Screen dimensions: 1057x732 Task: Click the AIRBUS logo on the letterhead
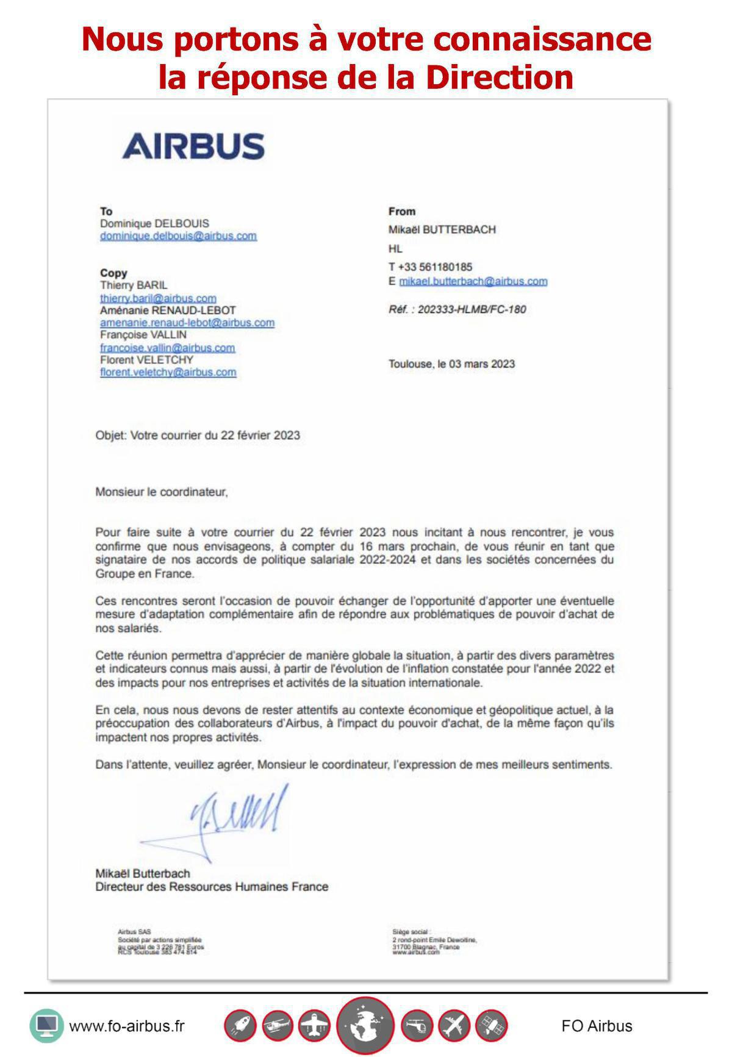pyautogui.click(x=193, y=146)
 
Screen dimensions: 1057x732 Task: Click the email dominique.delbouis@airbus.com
pyautogui.click(x=178, y=236)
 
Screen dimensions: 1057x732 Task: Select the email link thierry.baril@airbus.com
pyautogui.click(x=158, y=298)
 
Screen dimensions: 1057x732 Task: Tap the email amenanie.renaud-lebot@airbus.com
pyautogui.click(x=187, y=323)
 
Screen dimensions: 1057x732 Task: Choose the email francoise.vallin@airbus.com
pyautogui.click(x=167, y=348)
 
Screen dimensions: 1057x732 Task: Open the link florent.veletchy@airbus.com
pyautogui.click(x=168, y=372)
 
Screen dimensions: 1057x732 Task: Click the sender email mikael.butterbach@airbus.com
pyautogui.click(x=473, y=281)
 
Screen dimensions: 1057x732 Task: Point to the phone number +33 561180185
pyautogui.click(x=434, y=267)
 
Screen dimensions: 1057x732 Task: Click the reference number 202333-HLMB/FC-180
pyautogui.click(x=472, y=309)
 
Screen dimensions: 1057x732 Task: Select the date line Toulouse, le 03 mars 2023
pyautogui.click(x=451, y=364)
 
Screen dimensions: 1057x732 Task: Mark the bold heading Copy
pyautogui.click(x=113, y=273)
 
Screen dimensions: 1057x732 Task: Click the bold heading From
pyautogui.click(x=401, y=211)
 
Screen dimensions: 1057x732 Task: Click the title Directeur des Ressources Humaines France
pyautogui.click(x=212, y=887)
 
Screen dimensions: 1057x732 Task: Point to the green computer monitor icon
pyautogui.click(x=46, y=1025)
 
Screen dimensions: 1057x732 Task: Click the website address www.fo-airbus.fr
pyautogui.click(x=127, y=1026)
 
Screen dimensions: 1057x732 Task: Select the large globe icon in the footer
pyautogui.click(x=365, y=1026)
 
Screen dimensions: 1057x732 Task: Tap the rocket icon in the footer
pyautogui.click(x=240, y=1026)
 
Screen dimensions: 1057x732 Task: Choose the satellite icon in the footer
pyautogui.click(x=491, y=1026)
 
